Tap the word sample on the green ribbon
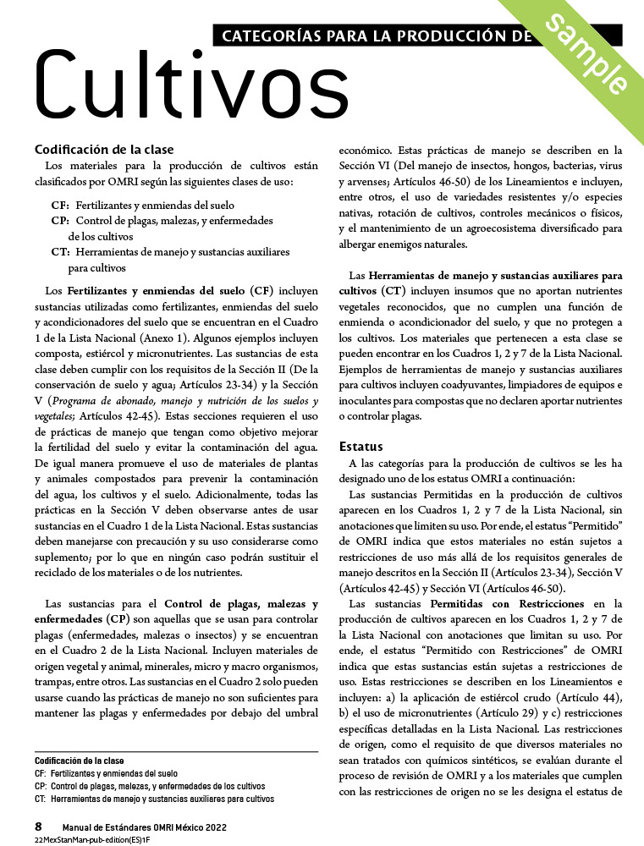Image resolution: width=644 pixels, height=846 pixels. [x=586, y=56]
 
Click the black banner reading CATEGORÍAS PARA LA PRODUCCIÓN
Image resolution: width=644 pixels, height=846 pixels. [x=372, y=35]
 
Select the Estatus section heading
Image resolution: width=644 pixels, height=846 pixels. [x=361, y=446]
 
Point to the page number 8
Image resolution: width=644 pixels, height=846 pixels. [x=38, y=826]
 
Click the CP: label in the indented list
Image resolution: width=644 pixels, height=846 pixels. [x=60, y=220]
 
